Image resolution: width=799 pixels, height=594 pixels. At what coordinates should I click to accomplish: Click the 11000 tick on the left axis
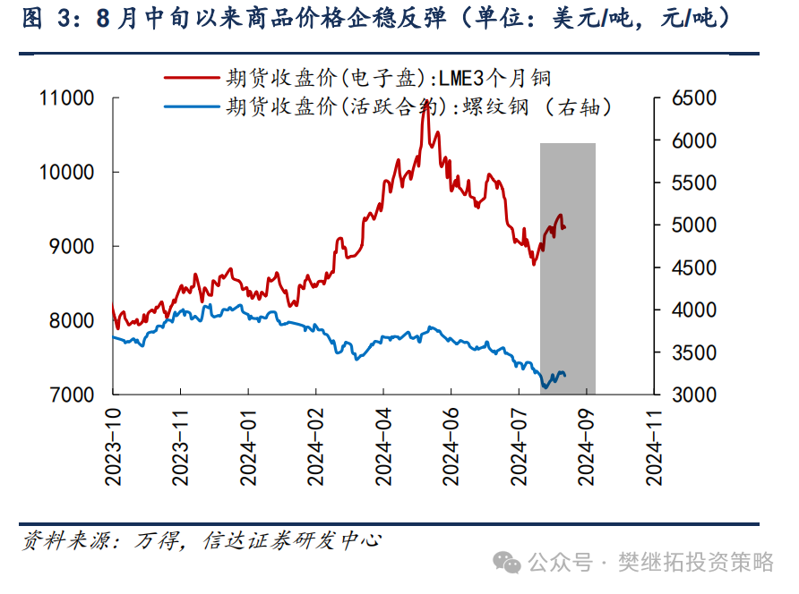pos(68,98)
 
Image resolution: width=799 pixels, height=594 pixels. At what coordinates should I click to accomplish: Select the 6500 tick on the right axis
pos(693,98)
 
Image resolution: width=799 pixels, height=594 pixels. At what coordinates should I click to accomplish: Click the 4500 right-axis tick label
pos(693,267)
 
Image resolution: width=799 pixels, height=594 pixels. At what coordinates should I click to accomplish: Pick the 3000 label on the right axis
pos(693,395)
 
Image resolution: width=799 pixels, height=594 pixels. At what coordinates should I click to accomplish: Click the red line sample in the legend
pos(191,79)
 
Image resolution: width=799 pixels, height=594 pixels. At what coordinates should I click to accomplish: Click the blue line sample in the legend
pos(191,107)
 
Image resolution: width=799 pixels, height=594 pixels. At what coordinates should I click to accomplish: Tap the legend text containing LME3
pos(394,79)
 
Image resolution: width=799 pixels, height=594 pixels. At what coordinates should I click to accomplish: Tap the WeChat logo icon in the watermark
pos(510,562)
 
